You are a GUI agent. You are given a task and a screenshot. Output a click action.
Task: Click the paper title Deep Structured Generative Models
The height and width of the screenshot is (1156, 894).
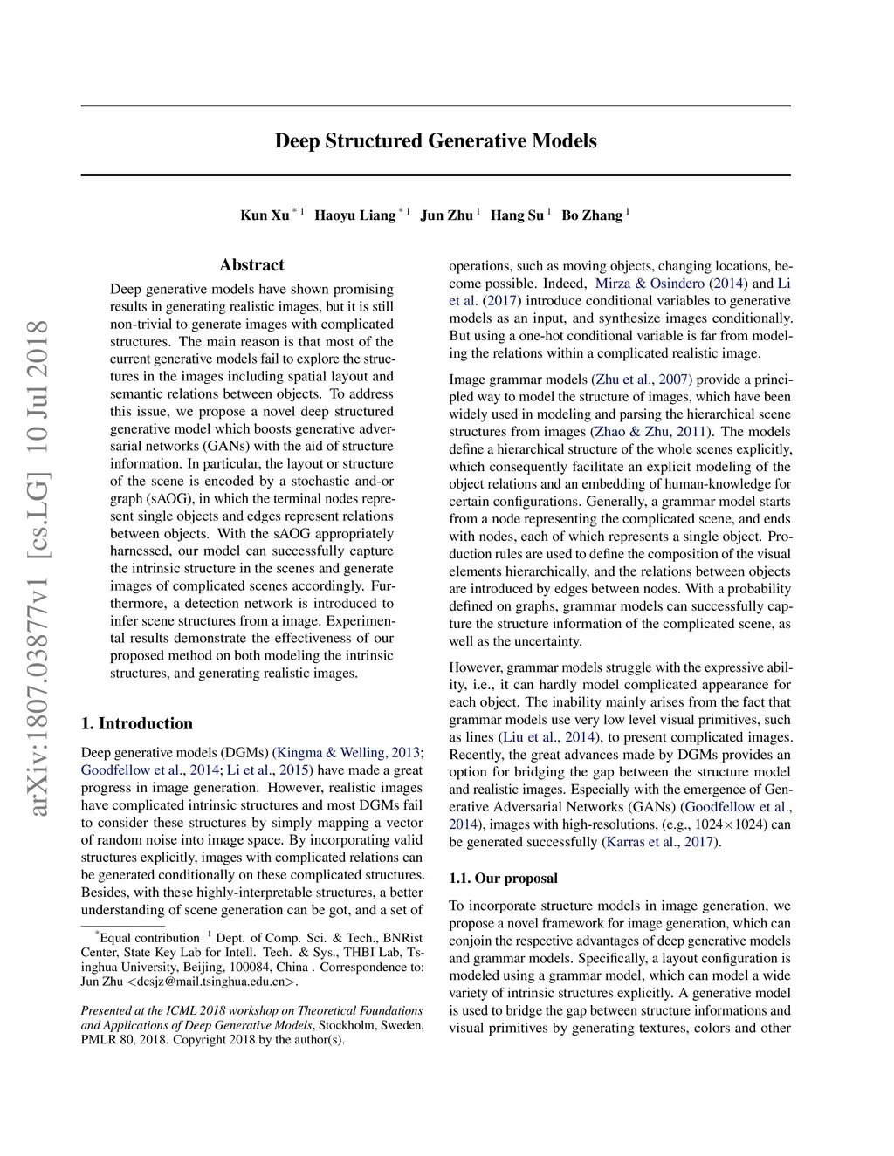tap(436, 141)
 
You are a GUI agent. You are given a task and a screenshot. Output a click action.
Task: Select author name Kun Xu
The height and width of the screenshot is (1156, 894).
tap(265, 215)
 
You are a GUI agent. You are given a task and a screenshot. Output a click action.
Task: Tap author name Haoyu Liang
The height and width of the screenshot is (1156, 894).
tap(354, 215)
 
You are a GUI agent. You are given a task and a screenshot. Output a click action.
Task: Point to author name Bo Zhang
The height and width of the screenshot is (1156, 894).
tap(592, 215)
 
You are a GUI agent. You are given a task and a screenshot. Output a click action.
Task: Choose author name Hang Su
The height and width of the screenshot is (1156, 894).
tap(517, 215)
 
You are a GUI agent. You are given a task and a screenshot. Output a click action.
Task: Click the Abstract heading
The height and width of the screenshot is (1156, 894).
tap(251, 265)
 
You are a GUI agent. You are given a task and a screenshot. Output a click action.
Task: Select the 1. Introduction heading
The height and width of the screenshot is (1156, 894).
tap(136, 723)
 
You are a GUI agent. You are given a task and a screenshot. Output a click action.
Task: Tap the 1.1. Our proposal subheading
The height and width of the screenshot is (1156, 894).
tap(503, 878)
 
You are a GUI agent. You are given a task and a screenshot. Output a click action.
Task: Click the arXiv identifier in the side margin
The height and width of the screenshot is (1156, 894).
tap(38, 567)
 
